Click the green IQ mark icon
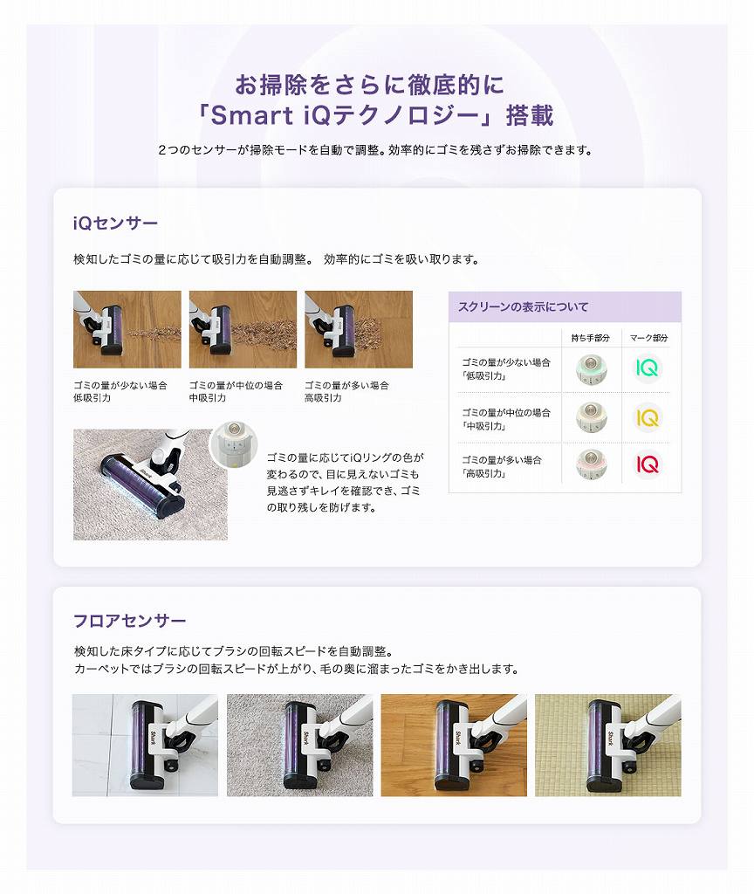pyautogui.click(x=647, y=368)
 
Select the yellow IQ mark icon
pyautogui.click(x=647, y=418)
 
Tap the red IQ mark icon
pyautogui.click(x=647, y=464)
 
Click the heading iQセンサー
pyautogui.click(x=115, y=223)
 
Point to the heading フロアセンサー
pyautogui.click(x=129, y=621)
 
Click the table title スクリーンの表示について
pyautogui.click(x=523, y=306)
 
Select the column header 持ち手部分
pyautogui.click(x=591, y=338)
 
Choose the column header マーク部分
pyautogui.click(x=648, y=338)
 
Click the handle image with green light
pyautogui.click(x=591, y=368)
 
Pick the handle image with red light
pyautogui.click(x=591, y=464)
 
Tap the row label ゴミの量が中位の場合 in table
pyautogui.click(x=505, y=412)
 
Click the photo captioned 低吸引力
pyautogui.click(x=127, y=329)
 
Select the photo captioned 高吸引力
pyautogui.click(x=359, y=329)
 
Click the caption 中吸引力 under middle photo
pyautogui.click(x=208, y=398)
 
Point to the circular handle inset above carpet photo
pyautogui.click(x=234, y=444)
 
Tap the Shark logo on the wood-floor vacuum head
pyautogui.click(x=457, y=738)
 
